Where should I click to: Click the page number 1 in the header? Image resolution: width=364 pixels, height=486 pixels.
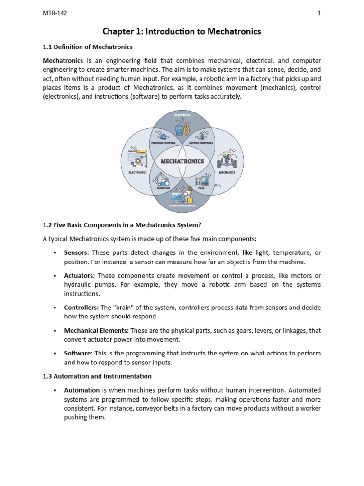(319, 13)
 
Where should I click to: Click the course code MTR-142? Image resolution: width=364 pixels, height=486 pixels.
(55, 13)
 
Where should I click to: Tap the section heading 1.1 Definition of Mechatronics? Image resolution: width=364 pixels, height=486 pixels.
(88, 47)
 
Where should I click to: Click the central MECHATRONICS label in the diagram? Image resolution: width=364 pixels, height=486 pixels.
(182, 161)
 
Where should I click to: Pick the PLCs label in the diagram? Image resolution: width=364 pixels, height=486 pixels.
(201, 188)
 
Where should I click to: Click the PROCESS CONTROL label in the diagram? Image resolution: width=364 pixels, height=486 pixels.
(163, 142)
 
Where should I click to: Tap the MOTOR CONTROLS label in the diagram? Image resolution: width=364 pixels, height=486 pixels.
(201, 142)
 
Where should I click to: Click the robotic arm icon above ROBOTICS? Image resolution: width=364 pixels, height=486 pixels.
(162, 179)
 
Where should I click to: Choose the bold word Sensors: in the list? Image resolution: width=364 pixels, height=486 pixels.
(76, 253)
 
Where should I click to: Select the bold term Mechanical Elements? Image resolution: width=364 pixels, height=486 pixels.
(96, 330)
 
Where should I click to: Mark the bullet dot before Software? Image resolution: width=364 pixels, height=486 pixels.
(55, 354)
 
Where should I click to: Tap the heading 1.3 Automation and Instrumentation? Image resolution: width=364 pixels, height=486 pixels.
(97, 376)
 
